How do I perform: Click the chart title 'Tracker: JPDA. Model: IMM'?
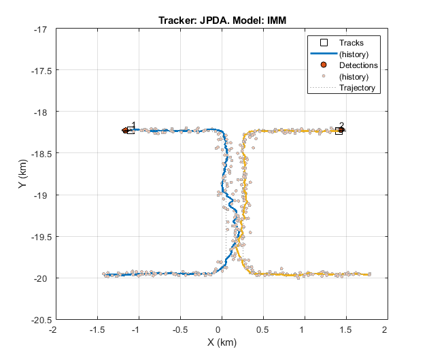(x=220, y=20)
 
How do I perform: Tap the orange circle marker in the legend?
(x=324, y=65)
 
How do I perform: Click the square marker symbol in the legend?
(x=324, y=42)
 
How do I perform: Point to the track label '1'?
(x=133, y=125)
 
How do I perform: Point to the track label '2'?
(x=341, y=126)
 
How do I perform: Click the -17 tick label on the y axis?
(x=40, y=29)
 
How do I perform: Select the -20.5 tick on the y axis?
(x=36, y=319)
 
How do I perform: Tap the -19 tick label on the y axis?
(x=40, y=195)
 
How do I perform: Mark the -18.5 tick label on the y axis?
(x=36, y=153)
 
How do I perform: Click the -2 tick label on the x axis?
(x=54, y=329)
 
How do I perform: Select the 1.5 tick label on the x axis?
(x=344, y=329)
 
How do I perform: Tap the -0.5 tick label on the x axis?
(x=179, y=329)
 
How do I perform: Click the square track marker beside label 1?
(x=131, y=130)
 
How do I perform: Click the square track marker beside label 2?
(x=339, y=131)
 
